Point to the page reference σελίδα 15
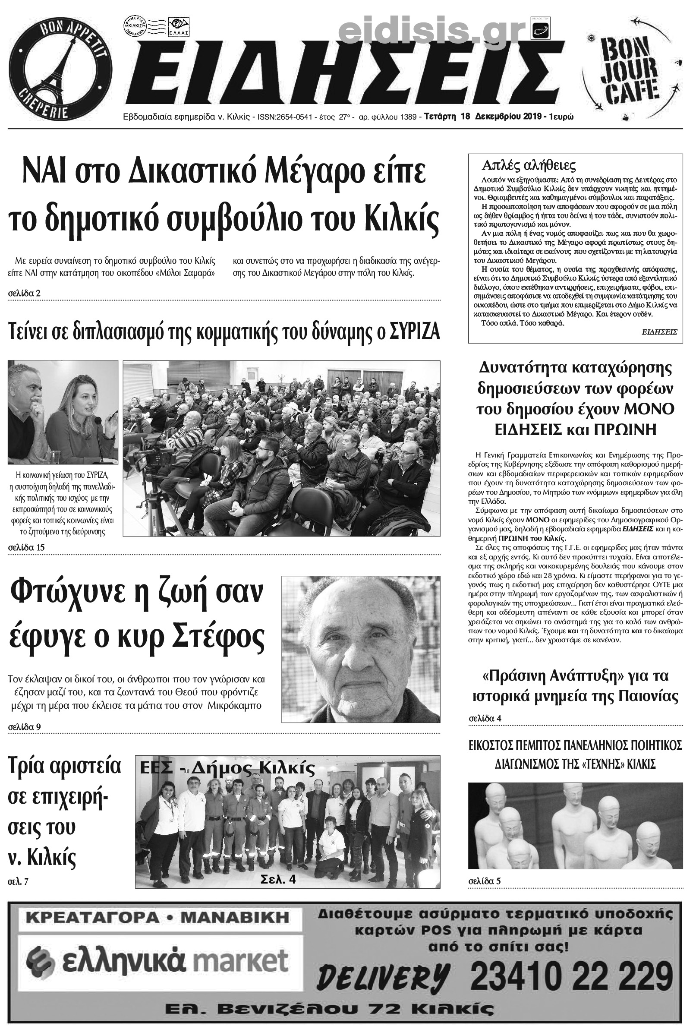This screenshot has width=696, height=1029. pyautogui.click(x=27, y=547)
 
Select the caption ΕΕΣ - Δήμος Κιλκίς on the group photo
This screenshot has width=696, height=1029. pyautogui.click(x=227, y=768)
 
